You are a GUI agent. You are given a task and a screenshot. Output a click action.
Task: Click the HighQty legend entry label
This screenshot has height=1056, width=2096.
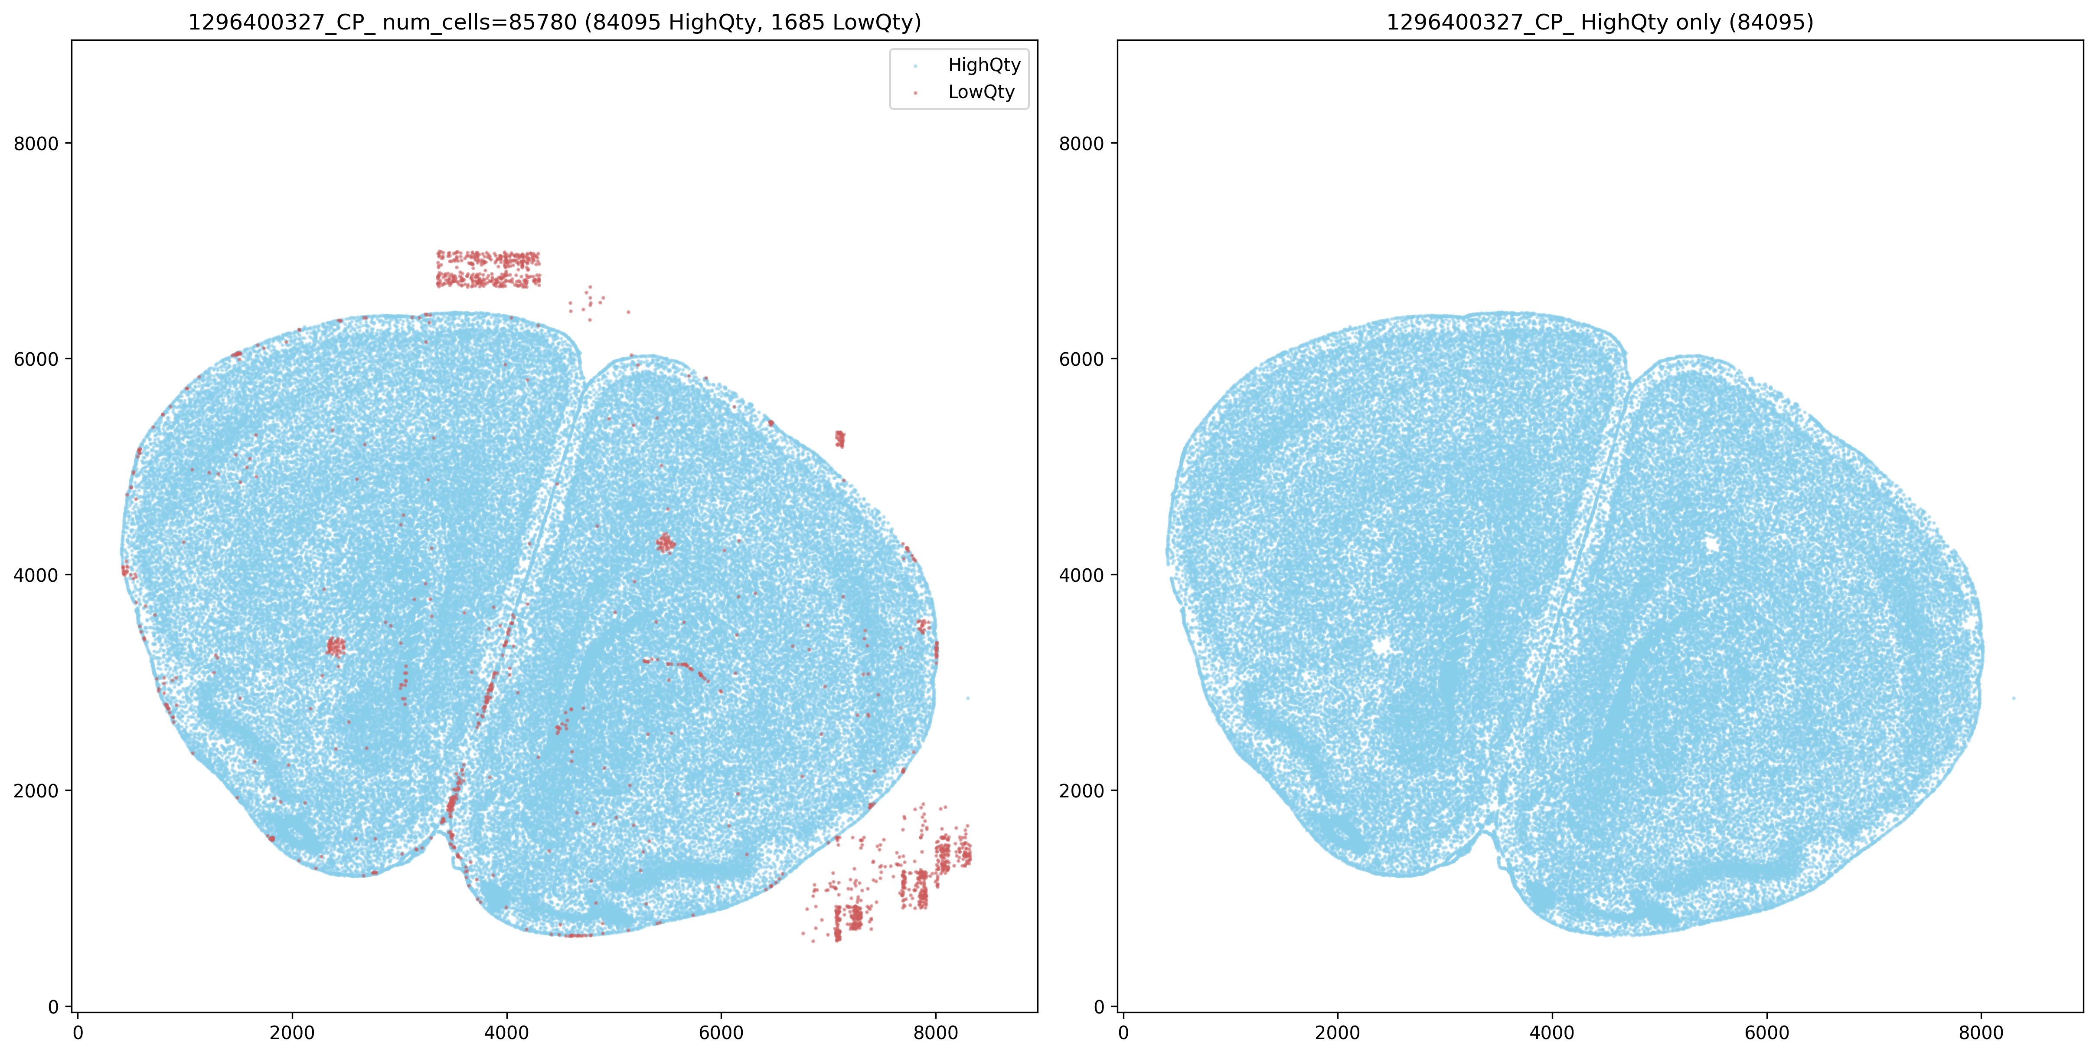pyautogui.click(x=984, y=65)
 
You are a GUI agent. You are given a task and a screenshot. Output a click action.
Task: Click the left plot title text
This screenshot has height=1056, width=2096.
pyautogui.click(x=554, y=22)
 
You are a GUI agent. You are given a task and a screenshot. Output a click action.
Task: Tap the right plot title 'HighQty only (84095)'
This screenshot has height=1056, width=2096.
pyautogui.click(x=1600, y=22)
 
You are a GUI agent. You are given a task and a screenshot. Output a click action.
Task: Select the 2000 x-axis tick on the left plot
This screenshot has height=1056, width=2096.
pyautogui.click(x=292, y=1033)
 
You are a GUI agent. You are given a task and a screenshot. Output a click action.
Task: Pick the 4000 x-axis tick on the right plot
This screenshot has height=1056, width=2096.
pyautogui.click(x=1552, y=1033)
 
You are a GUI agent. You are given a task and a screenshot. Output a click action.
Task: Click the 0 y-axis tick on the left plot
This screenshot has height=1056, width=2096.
pyautogui.click(x=54, y=1007)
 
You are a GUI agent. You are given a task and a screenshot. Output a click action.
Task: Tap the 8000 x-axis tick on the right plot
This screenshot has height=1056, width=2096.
pyautogui.click(x=1981, y=1033)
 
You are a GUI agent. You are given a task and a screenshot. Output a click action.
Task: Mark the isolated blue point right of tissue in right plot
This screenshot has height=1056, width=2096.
pyautogui.click(x=2014, y=698)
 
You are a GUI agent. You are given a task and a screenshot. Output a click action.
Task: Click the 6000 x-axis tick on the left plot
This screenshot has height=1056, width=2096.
pyautogui.click(x=721, y=1033)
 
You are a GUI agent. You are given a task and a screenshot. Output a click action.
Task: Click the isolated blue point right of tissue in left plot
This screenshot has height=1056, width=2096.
pyautogui.click(x=967, y=698)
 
